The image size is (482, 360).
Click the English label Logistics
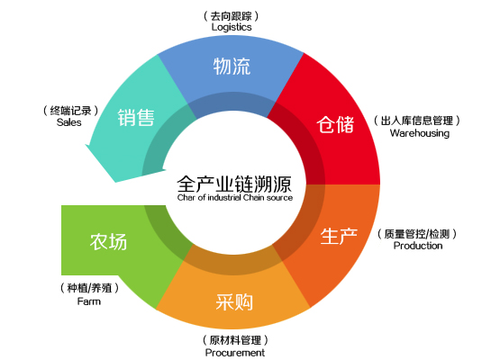232,27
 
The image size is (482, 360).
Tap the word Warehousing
419,133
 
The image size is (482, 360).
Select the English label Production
417,245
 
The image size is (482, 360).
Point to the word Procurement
235,353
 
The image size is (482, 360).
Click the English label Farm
89,301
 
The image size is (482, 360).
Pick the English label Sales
69,121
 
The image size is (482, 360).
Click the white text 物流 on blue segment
232,67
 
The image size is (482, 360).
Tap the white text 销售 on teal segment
136,118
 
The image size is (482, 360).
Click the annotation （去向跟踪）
232,15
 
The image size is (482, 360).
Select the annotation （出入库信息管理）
419,121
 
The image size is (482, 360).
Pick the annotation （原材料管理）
235,340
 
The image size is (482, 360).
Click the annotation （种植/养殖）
89,289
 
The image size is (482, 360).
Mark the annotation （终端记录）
69,109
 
